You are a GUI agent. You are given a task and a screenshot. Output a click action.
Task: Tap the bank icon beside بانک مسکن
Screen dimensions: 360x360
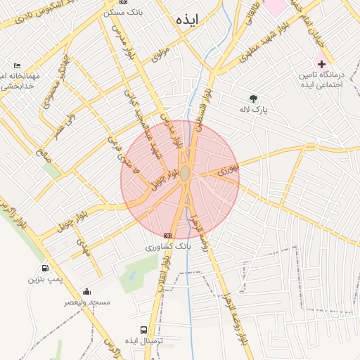[124, 3]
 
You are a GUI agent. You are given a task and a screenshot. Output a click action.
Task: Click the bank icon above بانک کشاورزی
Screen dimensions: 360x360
[167, 236]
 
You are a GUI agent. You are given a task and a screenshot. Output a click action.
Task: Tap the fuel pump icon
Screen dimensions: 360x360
[46, 268]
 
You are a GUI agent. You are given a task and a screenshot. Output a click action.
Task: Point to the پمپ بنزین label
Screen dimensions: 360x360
[46, 279]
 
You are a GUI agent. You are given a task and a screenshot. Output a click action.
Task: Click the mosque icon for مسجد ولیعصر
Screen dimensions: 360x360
[86, 292]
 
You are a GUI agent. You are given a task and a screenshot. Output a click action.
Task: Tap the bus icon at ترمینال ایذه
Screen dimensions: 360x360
[144, 329]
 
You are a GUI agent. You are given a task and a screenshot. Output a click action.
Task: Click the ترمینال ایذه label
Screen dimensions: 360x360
[143, 340]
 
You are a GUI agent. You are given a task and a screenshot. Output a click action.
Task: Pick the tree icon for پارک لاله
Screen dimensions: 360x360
[253, 98]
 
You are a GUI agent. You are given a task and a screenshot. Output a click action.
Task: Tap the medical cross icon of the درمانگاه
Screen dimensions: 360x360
[321, 64]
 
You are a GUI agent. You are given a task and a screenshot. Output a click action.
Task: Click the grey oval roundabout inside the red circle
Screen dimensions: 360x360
[185, 174]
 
